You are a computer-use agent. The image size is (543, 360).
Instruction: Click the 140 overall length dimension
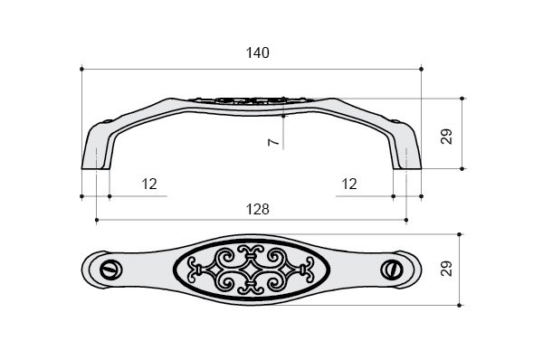click(x=257, y=53)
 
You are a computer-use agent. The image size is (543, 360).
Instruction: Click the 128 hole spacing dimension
click(x=257, y=210)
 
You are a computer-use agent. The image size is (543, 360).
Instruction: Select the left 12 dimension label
click(x=149, y=184)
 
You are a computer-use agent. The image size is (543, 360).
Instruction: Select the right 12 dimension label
click(x=349, y=184)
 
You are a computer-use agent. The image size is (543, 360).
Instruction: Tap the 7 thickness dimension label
click(x=273, y=142)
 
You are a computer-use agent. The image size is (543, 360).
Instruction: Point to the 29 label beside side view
click(x=447, y=137)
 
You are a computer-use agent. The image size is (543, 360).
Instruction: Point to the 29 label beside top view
click(x=447, y=269)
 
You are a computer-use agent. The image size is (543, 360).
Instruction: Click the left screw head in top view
click(x=110, y=270)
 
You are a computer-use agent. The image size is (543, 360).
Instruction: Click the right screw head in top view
click(x=392, y=270)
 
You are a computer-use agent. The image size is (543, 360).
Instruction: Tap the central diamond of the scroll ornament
click(x=251, y=270)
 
